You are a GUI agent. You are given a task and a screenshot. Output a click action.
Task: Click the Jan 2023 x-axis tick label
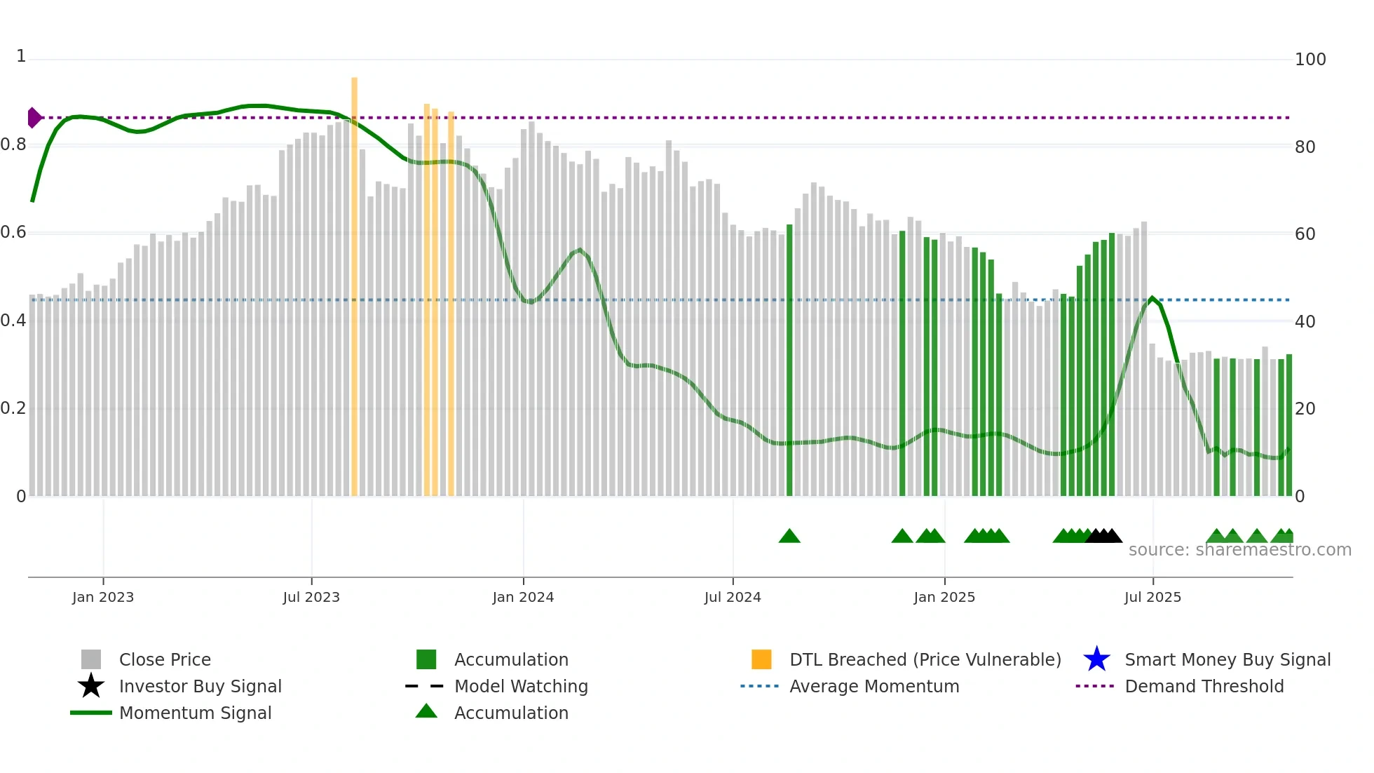[102, 597]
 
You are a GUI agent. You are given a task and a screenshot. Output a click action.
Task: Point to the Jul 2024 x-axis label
[733, 597]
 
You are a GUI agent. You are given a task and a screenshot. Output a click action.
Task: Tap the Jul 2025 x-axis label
[1152, 597]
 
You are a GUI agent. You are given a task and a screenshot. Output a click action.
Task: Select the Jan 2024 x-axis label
[523, 597]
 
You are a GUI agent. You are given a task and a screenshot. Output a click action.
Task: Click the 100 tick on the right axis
[1310, 59]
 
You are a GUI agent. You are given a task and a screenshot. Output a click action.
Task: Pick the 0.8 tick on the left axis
[13, 144]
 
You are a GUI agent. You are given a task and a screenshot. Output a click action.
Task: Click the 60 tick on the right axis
[1305, 234]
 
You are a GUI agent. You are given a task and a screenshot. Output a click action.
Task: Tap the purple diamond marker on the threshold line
[34, 118]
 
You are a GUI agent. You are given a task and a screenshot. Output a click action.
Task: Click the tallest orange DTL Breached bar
[354, 281]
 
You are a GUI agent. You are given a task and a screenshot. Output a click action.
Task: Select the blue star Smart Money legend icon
[1096, 659]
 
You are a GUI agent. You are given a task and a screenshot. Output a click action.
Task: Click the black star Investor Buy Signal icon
[91, 686]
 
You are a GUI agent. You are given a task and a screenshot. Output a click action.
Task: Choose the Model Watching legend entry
[520, 686]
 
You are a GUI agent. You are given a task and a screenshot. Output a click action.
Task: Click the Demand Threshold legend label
[1204, 686]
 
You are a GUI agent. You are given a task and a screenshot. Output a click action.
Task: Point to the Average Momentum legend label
[873, 686]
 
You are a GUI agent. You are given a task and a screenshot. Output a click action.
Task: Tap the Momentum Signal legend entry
[195, 713]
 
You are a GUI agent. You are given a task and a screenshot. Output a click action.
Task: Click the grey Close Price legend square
[91, 659]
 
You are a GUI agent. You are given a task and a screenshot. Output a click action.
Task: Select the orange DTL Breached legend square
[761, 659]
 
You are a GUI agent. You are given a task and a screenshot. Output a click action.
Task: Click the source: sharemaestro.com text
[1239, 550]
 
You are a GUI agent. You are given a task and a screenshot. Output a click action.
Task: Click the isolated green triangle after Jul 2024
[789, 537]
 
